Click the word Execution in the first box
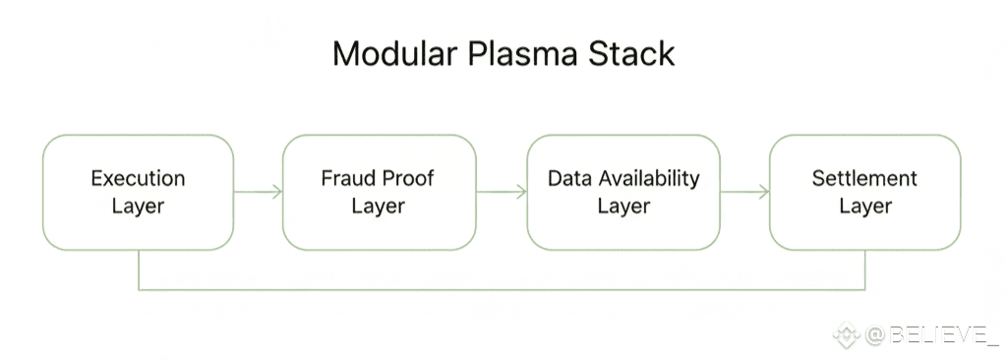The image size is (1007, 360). pyautogui.click(x=138, y=178)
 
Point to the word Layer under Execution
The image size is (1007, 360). pyautogui.click(x=138, y=207)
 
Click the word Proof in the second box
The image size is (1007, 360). pyautogui.click(x=407, y=178)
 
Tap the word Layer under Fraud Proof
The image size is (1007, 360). pyautogui.click(x=379, y=207)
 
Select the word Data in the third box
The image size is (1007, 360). pyautogui.click(x=569, y=178)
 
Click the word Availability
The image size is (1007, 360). pyautogui.click(x=649, y=179)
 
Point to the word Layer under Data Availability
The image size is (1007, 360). pyautogui.click(x=623, y=207)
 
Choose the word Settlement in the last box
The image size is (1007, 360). pyautogui.click(x=865, y=178)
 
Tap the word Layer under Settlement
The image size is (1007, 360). pyautogui.click(x=865, y=207)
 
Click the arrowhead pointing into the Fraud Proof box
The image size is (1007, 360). pyautogui.click(x=277, y=192)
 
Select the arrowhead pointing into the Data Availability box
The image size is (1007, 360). pyautogui.click(x=521, y=192)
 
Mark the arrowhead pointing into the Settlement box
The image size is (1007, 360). pyautogui.click(x=764, y=192)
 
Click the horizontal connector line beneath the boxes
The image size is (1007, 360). pyautogui.click(x=502, y=289)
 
